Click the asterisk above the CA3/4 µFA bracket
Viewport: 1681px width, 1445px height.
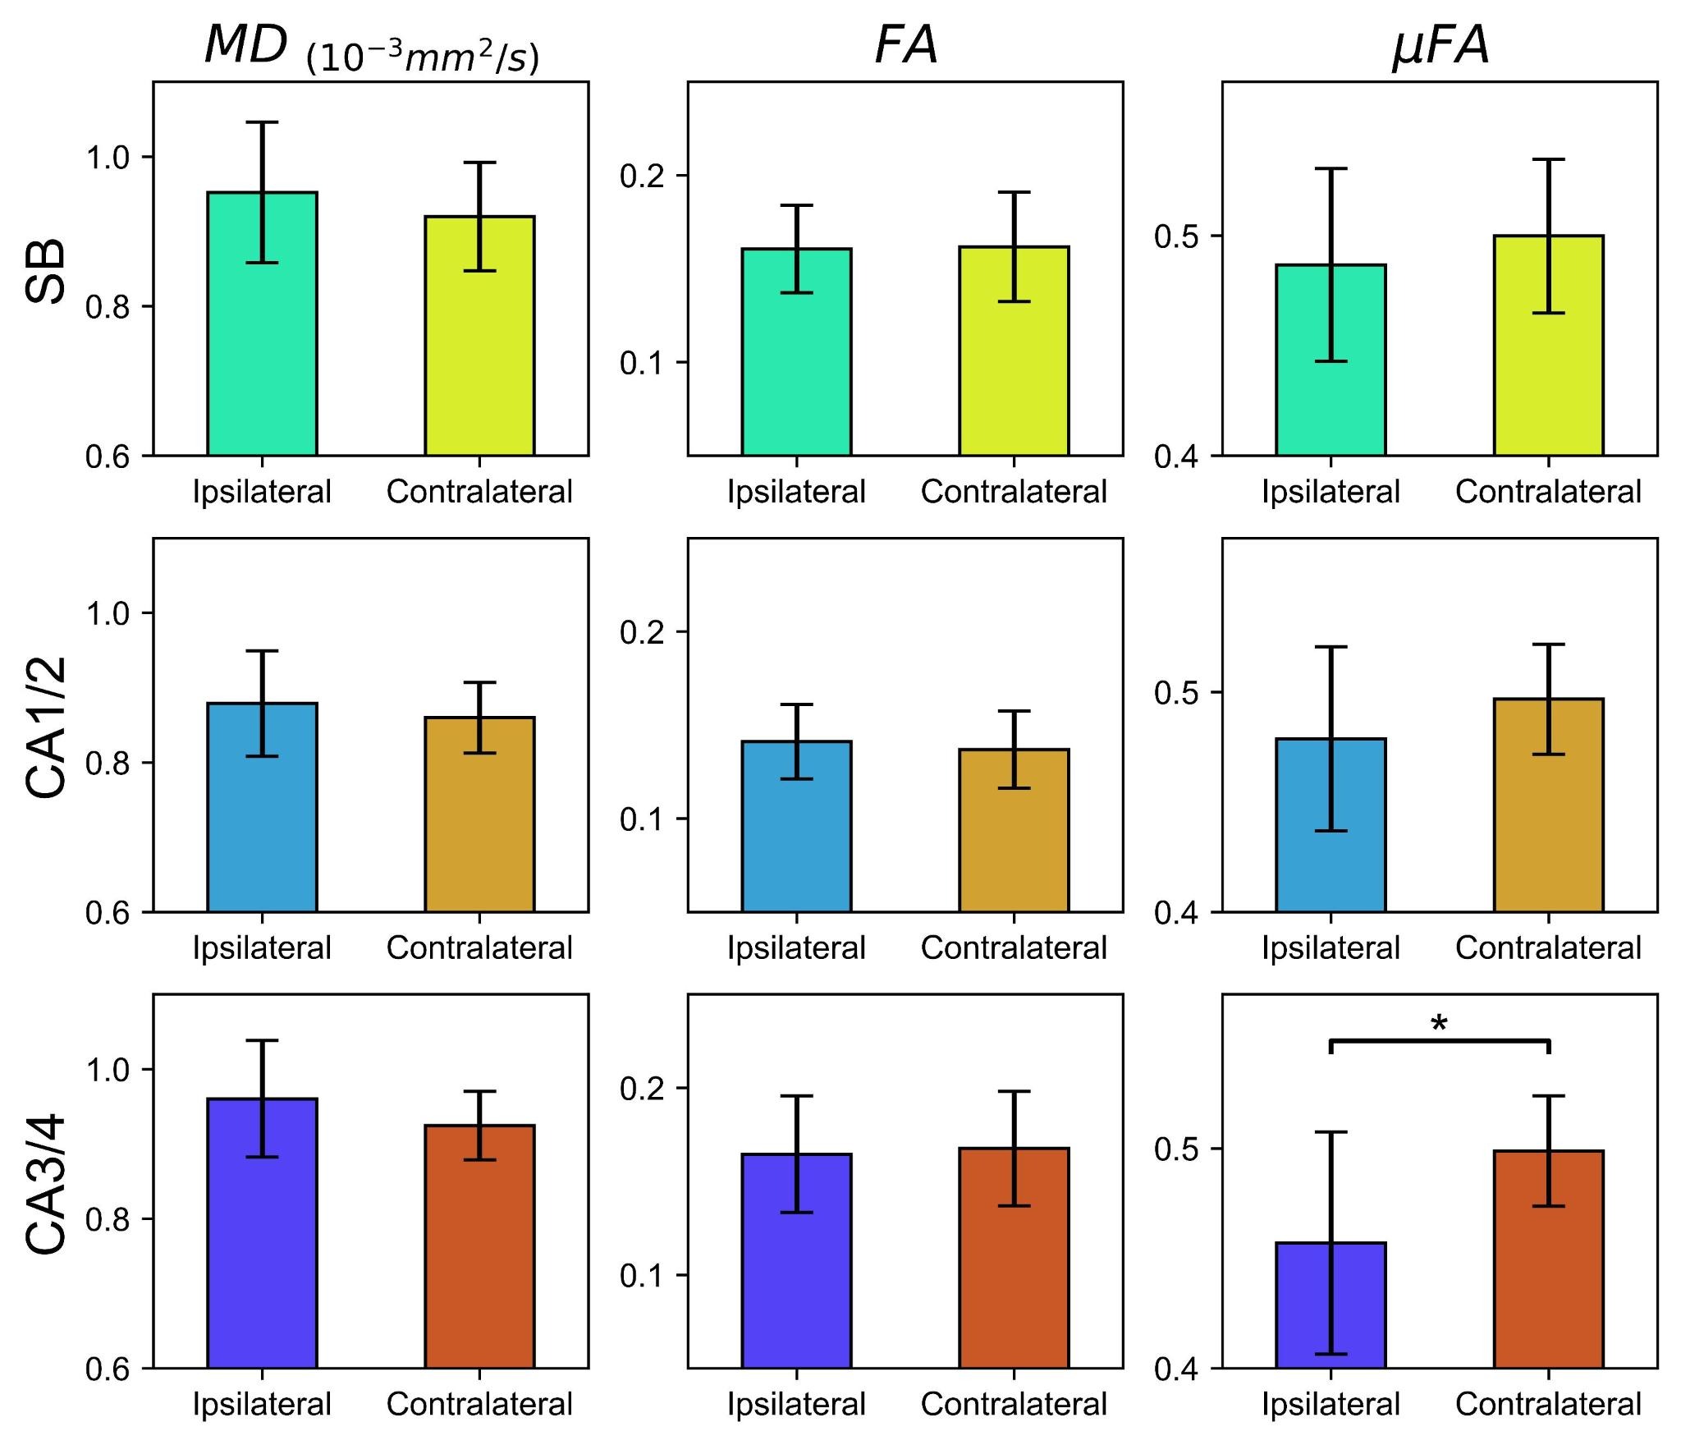(1439, 1024)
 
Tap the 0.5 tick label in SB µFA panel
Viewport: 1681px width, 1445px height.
(1177, 236)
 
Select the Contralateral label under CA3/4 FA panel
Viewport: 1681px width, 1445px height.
(1014, 1404)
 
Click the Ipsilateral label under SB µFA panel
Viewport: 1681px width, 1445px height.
(1331, 492)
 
